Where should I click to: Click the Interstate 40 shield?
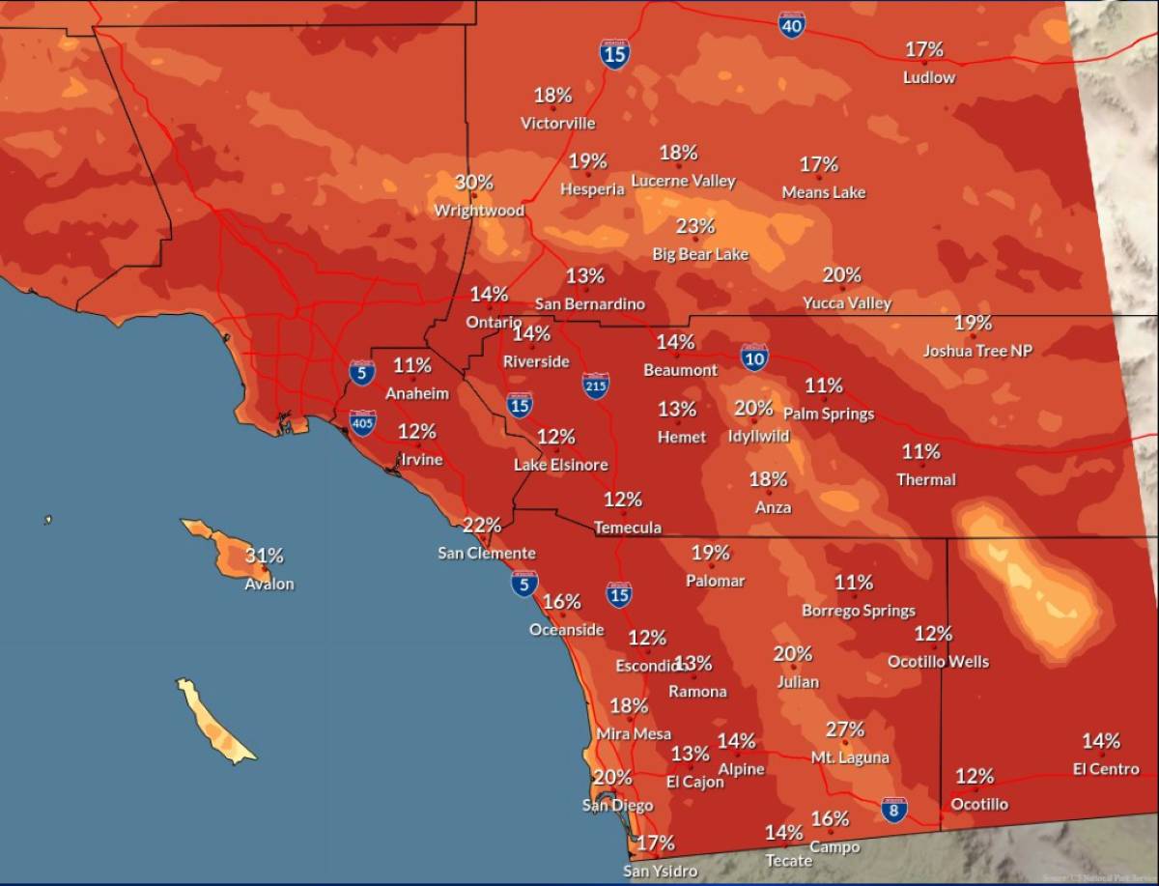coord(791,25)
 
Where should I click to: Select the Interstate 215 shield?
coord(596,386)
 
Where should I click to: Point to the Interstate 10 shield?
coord(755,357)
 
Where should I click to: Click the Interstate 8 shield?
coord(894,810)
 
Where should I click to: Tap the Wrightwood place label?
coord(479,211)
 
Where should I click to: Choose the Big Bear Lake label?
coord(700,254)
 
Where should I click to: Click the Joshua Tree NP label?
coord(977,351)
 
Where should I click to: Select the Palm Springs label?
coord(828,414)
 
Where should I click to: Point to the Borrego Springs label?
coord(859,611)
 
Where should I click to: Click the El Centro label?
coord(1106,769)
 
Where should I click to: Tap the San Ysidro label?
coord(660,872)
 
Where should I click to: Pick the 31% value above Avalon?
coord(264,556)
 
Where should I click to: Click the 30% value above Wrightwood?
coord(474,182)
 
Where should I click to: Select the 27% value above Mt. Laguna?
coord(844,729)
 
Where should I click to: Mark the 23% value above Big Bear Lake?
coord(694,226)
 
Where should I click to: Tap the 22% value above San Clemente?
coord(482,526)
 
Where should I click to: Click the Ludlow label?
coord(929,77)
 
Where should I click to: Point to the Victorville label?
coord(557,123)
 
